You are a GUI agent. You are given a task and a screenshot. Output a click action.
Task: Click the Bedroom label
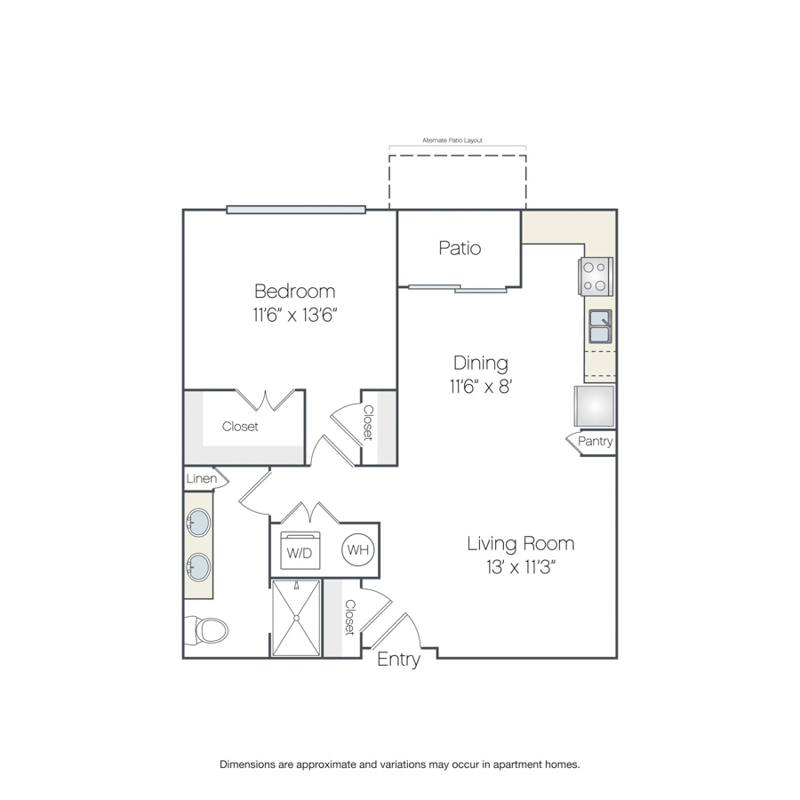[295, 292]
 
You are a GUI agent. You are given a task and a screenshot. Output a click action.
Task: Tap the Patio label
[460, 248]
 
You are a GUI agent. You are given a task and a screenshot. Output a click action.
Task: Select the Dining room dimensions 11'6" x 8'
[481, 387]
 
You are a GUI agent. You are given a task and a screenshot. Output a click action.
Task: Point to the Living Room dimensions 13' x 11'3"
[520, 567]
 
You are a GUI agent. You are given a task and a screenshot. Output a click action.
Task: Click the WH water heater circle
[357, 549]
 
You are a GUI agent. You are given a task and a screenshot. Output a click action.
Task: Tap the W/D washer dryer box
[300, 550]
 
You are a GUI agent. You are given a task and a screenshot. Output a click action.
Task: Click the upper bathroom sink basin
[198, 523]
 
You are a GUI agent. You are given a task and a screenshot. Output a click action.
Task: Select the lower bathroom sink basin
[198, 567]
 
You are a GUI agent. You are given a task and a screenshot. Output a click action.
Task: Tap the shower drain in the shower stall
[296, 618]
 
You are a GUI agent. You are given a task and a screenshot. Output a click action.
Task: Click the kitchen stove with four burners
[596, 276]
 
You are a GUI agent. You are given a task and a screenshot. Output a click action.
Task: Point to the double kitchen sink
[601, 326]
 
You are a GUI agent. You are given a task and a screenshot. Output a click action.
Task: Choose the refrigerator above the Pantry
[595, 406]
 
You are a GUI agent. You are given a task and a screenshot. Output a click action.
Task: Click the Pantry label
[596, 441]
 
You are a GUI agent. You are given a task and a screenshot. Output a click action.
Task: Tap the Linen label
[202, 478]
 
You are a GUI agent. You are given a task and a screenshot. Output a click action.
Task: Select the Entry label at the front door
[398, 660]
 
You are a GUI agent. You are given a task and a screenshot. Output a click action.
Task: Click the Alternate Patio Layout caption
[452, 140]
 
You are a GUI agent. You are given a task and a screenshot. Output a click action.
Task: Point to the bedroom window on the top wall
[296, 209]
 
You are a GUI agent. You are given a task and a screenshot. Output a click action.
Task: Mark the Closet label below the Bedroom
[240, 427]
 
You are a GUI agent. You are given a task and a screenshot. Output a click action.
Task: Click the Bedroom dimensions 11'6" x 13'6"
[295, 315]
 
